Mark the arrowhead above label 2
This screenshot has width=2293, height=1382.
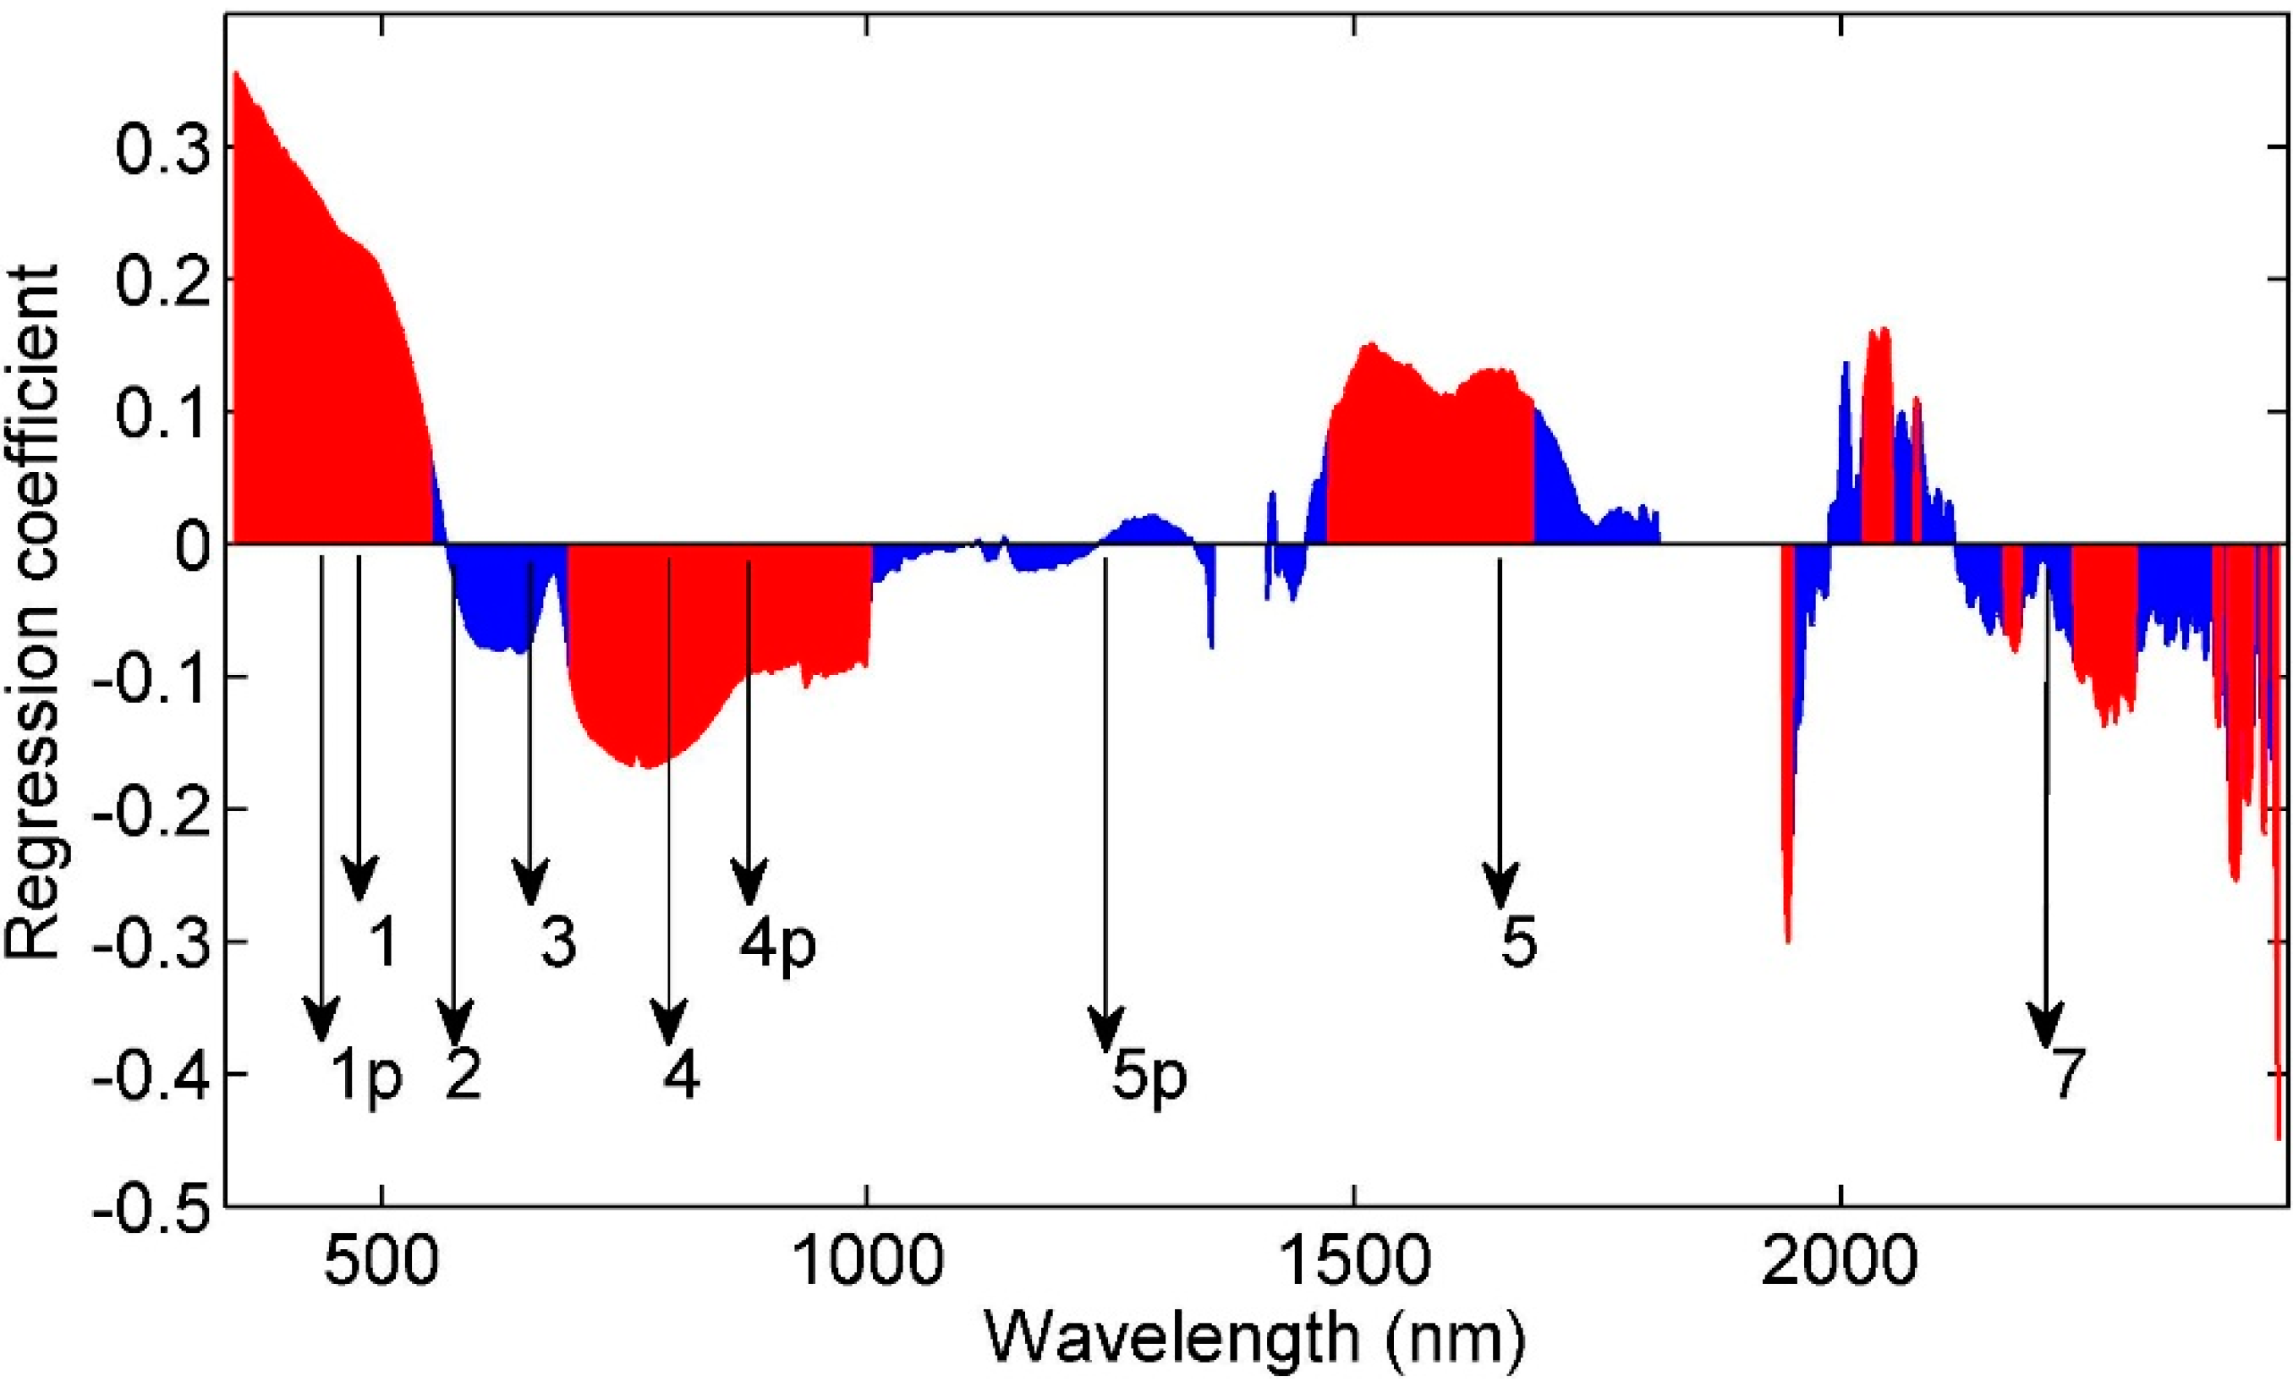click(x=455, y=1023)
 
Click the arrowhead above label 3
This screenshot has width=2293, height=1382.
click(x=530, y=889)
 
